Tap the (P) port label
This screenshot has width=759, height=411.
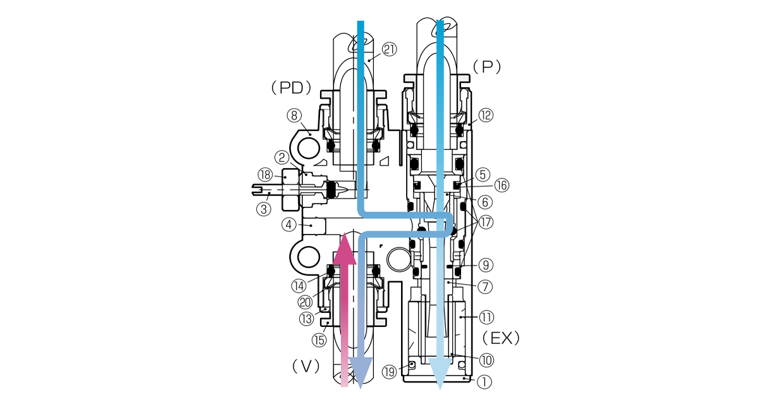(x=487, y=66)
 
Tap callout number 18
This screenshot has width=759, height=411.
(x=264, y=175)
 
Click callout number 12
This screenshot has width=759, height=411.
(x=486, y=115)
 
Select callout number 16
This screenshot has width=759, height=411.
(x=501, y=185)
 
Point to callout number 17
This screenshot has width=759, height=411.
(x=486, y=222)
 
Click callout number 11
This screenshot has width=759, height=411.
(x=486, y=316)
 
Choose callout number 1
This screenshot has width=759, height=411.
(x=484, y=381)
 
